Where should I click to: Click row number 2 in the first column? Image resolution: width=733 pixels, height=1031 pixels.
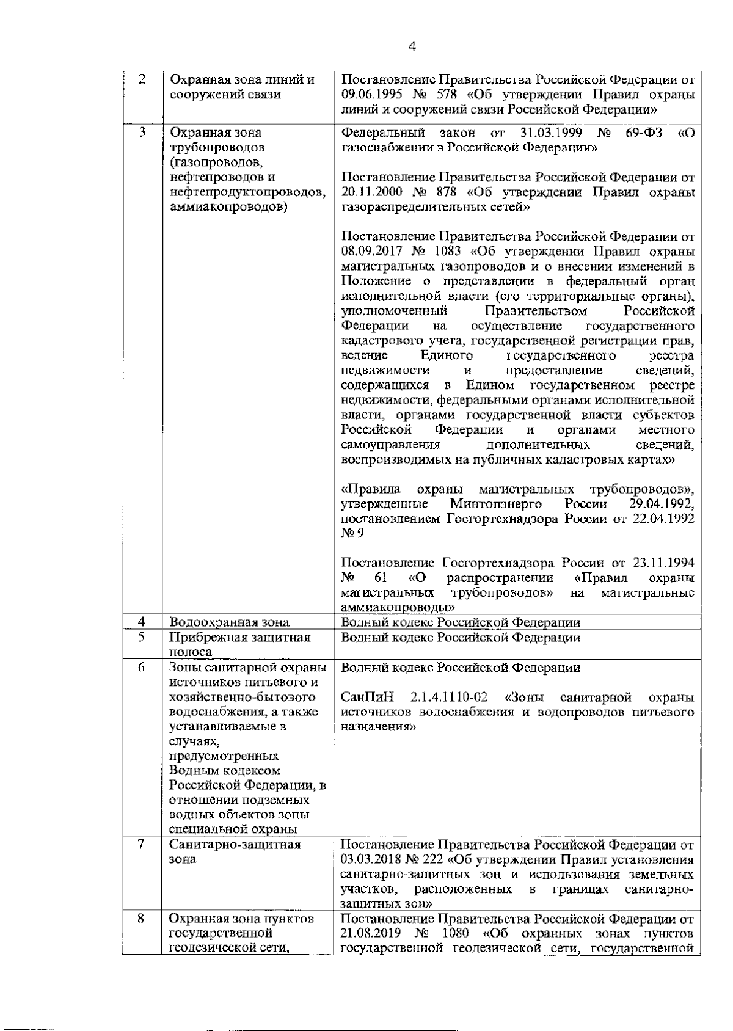pos(142,80)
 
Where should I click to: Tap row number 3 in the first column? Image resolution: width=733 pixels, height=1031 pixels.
pos(142,132)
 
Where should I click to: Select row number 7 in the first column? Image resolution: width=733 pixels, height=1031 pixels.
pos(141,844)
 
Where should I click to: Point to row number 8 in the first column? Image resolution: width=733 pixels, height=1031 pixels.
pos(141,918)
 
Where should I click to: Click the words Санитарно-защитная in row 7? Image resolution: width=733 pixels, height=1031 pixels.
pos(235,845)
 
